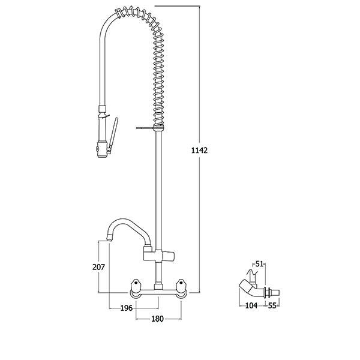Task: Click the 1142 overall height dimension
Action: (199, 151)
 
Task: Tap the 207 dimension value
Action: (98, 267)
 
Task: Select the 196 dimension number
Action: (127, 308)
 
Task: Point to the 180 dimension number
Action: (157, 319)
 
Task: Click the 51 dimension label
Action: (259, 264)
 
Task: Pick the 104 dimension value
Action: (251, 305)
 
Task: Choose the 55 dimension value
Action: (272, 305)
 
